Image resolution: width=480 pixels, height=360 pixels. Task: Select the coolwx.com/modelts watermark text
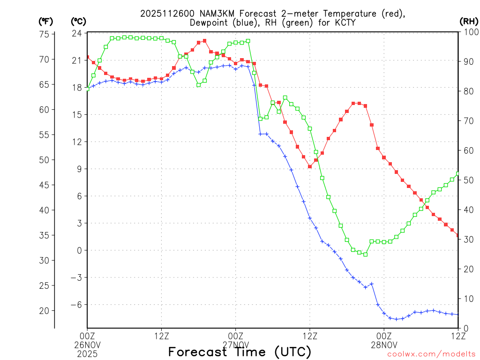click(x=431, y=354)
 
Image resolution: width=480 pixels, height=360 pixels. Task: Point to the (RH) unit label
click(x=468, y=21)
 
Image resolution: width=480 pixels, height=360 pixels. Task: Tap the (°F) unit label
click(x=46, y=21)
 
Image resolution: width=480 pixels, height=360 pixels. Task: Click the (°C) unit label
click(x=78, y=21)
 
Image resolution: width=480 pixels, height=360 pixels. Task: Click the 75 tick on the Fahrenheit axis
click(x=45, y=34)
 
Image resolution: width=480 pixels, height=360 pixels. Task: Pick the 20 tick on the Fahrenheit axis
click(x=45, y=310)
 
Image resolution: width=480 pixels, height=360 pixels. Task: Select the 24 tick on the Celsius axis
click(x=77, y=33)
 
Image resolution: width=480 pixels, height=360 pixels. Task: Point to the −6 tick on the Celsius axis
click(x=75, y=304)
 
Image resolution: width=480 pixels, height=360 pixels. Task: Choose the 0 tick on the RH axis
click(x=465, y=328)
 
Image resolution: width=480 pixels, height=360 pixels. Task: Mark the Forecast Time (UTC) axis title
click(x=240, y=352)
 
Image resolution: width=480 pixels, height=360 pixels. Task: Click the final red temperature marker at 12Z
click(x=458, y=236)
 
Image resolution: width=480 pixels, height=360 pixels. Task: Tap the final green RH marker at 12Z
click(x=458, y=173)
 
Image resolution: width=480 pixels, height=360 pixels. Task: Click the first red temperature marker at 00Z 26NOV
click(x=88, y=57)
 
